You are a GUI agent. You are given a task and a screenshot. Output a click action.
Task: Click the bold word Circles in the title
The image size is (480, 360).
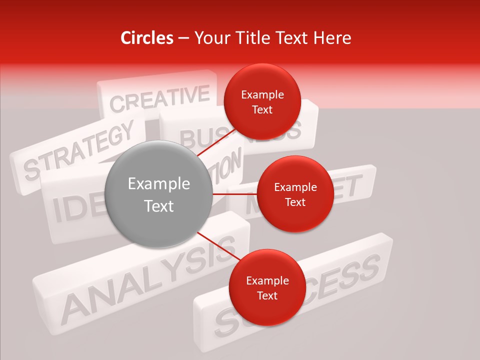(146, 38)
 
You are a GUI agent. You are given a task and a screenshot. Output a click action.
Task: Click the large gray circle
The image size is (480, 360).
(158, 194)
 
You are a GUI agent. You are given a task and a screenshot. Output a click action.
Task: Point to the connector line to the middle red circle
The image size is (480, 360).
(234, 194)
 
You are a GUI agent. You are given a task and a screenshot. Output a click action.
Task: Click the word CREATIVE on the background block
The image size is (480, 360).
(159, 98)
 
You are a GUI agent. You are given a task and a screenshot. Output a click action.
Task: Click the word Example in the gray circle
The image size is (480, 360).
(158, 184)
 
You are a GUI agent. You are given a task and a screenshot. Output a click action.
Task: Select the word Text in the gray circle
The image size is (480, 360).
(158, 206)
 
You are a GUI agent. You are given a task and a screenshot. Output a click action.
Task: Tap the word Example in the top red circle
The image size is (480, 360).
(262, 95)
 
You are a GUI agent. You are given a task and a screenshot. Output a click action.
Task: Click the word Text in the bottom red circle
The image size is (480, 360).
(267, 295)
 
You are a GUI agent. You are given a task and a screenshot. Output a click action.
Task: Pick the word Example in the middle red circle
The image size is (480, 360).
(295, 187)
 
